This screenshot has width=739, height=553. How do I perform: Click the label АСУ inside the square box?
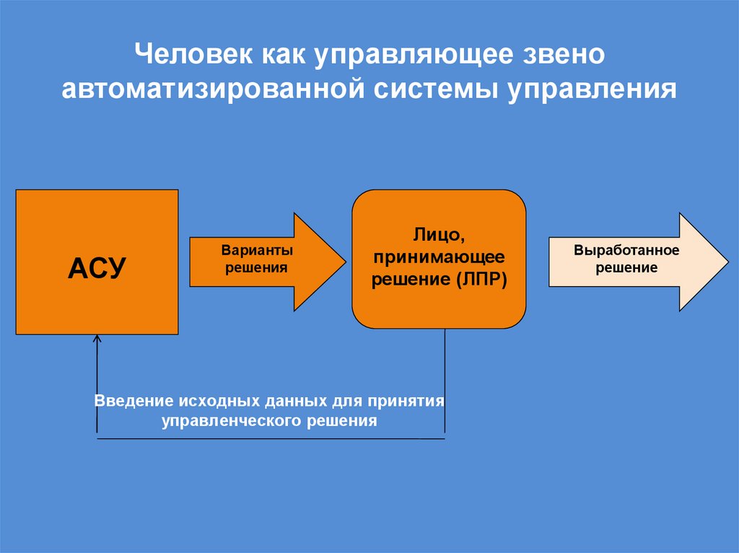(97, 269)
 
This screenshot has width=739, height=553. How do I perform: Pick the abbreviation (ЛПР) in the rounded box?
(481, 279)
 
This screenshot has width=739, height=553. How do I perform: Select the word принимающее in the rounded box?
(439, 257)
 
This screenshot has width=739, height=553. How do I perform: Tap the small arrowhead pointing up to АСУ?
(97, 339)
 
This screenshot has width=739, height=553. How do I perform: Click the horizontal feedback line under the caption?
(271, 438)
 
